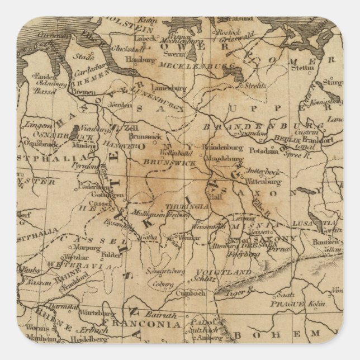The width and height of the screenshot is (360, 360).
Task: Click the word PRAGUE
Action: (285, 304)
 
